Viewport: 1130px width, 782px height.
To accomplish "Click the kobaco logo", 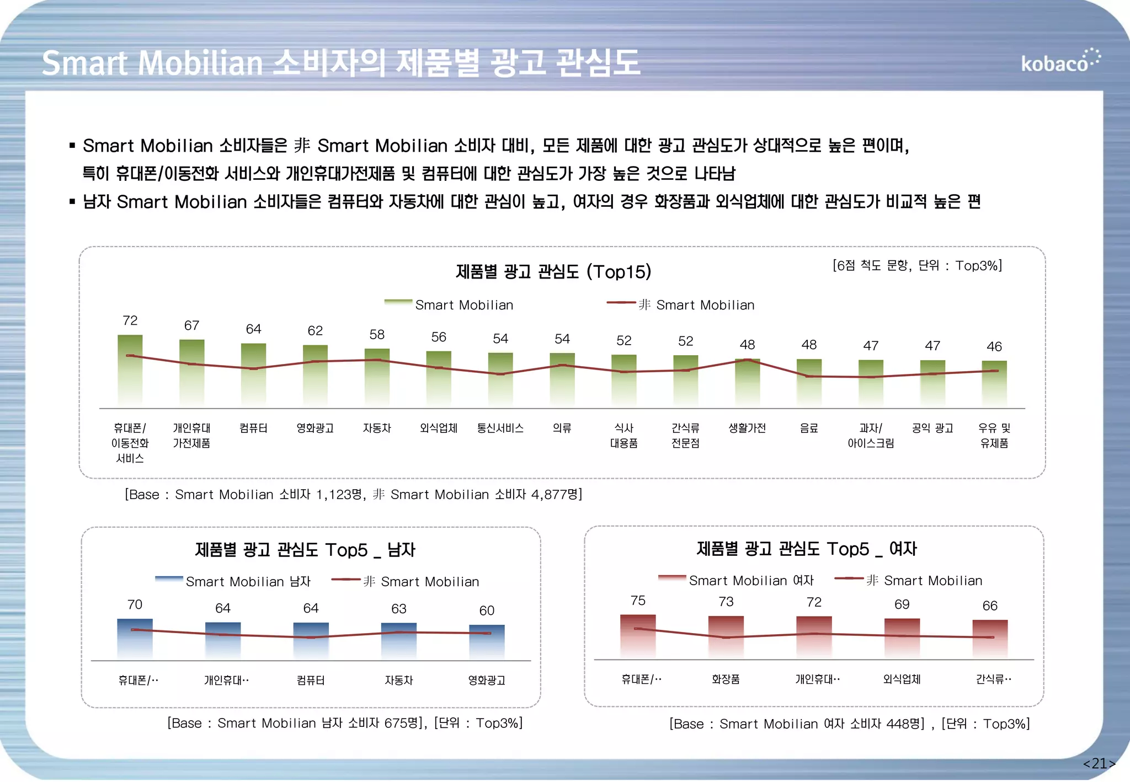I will (x=1059, y=62).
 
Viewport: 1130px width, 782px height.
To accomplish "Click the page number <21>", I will (x=1099, y=763).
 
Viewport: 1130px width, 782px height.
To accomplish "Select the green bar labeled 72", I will (x=130, y=370).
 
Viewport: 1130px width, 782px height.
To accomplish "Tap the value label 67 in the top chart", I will (x=191, y=325).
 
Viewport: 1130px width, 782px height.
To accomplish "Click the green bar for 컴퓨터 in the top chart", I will (x=253, y=375).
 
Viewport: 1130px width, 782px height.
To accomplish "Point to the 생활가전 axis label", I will (x=747, y=428).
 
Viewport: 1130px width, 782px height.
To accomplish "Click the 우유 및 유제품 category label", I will (x=994, y=435).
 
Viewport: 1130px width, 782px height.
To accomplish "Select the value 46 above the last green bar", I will (x=994, y=346).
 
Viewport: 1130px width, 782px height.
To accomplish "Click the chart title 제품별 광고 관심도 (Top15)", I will (x=553, y=271).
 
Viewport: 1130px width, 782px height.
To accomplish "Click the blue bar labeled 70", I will (x=135, y=638).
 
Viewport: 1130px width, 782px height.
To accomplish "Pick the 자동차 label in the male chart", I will (x=398, y=680).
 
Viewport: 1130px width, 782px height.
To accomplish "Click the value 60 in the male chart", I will (x=486, y=610).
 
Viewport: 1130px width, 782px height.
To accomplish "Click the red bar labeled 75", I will (x=638, y=636).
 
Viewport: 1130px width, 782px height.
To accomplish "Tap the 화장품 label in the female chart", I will (x=726, y=679).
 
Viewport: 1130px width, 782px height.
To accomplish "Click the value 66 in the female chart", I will (x=990, y=606).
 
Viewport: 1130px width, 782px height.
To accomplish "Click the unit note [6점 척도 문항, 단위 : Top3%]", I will (x=917, y=265).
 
